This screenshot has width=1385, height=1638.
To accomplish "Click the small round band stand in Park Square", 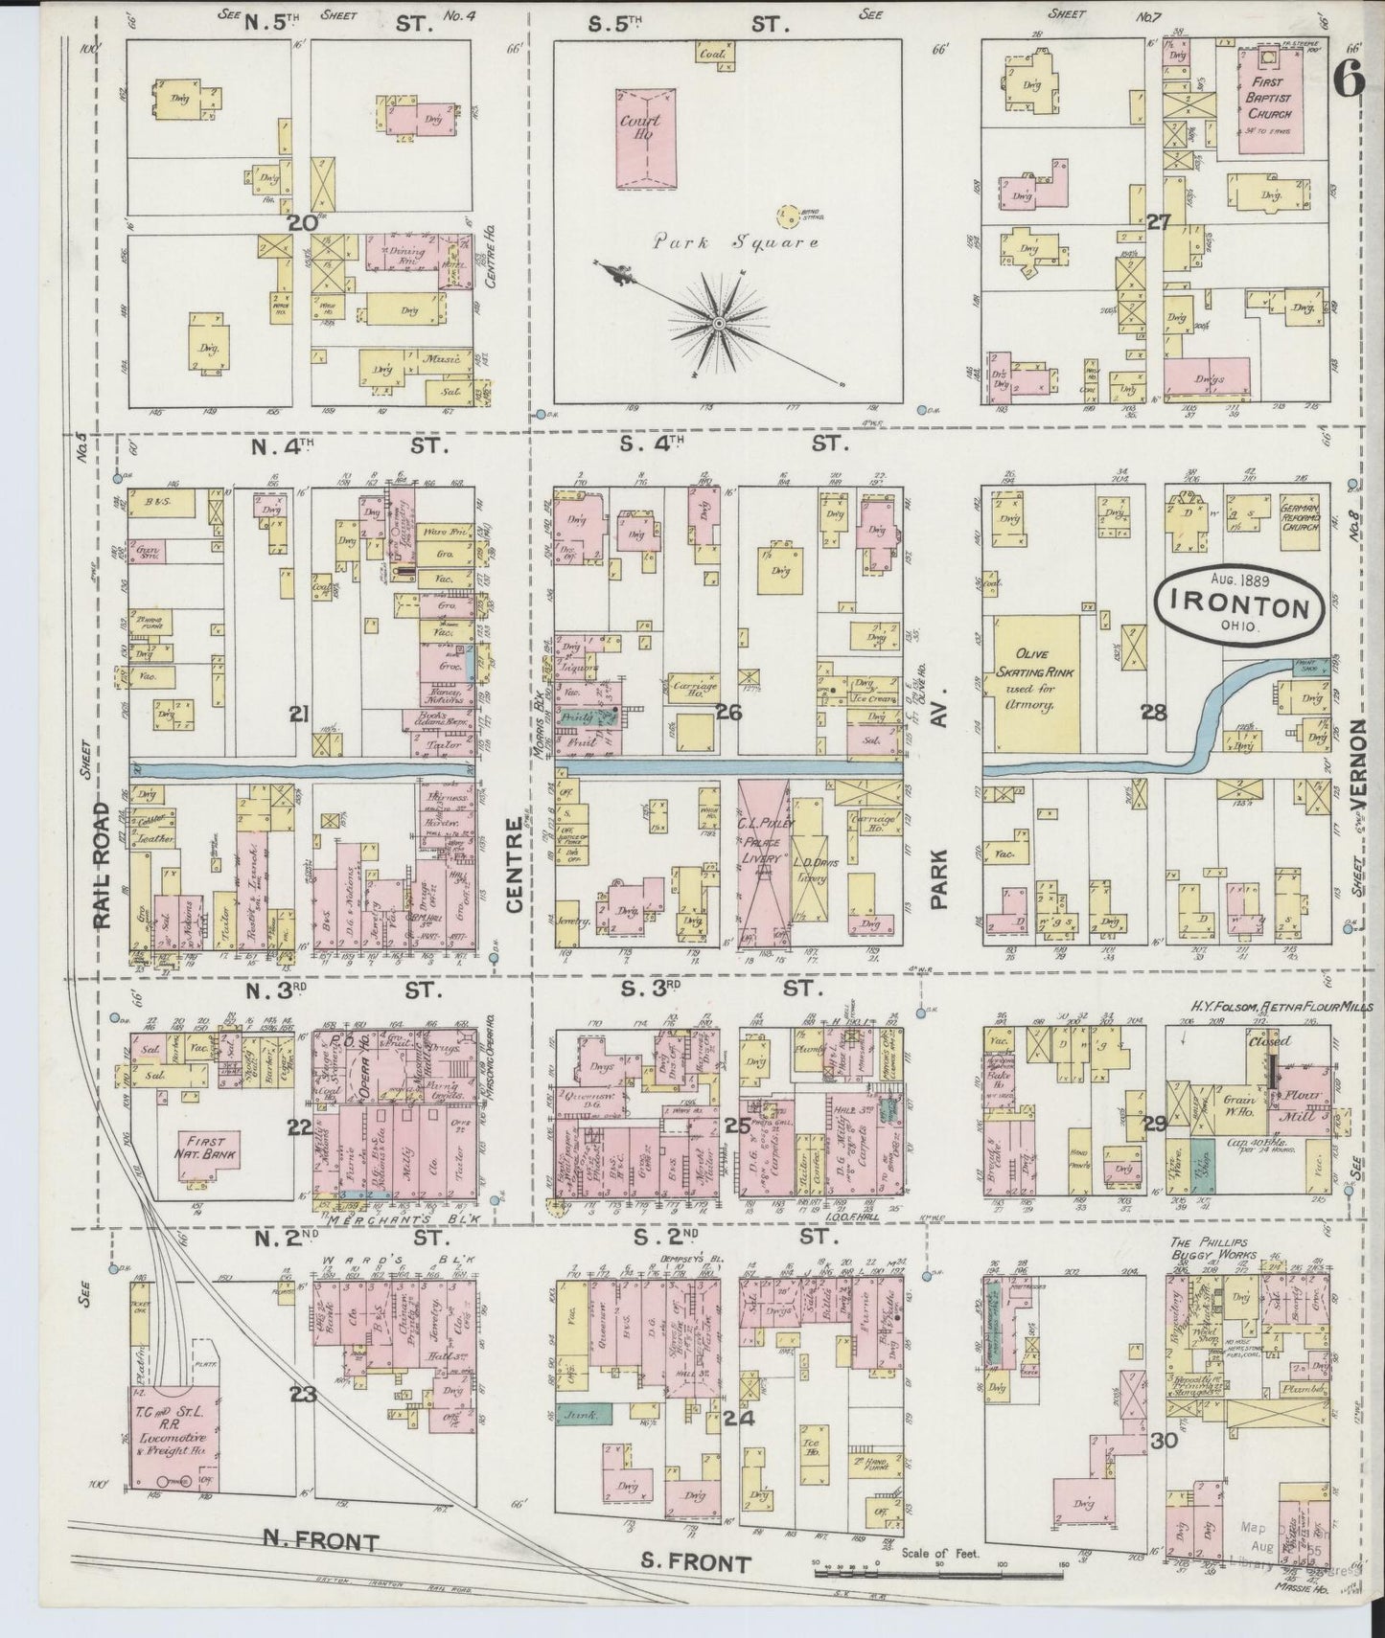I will [789, 216].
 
